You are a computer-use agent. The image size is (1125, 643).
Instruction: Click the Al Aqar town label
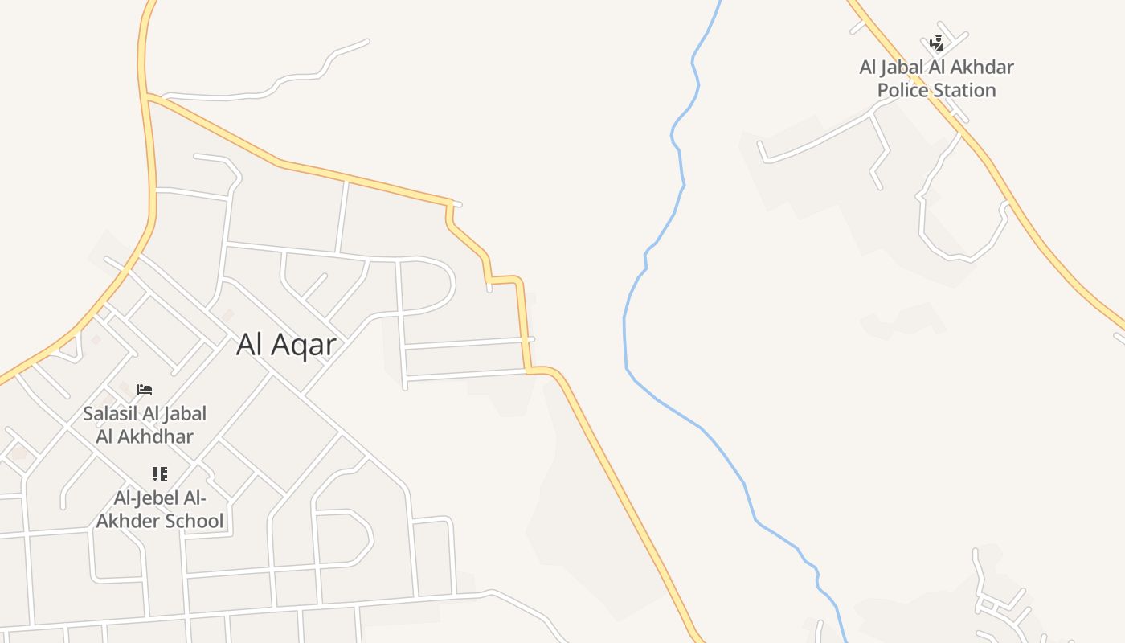[x=286, y=345]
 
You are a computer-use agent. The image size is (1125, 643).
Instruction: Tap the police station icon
[x=936, y=43]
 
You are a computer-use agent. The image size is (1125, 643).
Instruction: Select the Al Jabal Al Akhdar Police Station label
[x=936, y=78]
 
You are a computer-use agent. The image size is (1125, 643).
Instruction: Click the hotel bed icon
[x=145, y=390]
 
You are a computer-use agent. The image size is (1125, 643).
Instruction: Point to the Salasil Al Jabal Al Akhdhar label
[x=145, y=425]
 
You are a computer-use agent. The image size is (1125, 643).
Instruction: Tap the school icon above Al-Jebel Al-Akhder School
[x=160, y=474]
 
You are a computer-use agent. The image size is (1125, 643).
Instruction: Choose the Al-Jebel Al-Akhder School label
[x=160, y=509]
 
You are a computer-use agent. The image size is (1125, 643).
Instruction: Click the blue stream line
[x=625, y=338]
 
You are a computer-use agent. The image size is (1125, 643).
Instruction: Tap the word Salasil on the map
[x=108, y=414]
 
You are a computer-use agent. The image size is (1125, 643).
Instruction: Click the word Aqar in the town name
[x=305, y=345]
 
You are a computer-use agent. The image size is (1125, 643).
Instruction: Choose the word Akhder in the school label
[x=125, y=521]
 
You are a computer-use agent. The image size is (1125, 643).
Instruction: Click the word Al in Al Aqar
[x=250, y=345]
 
